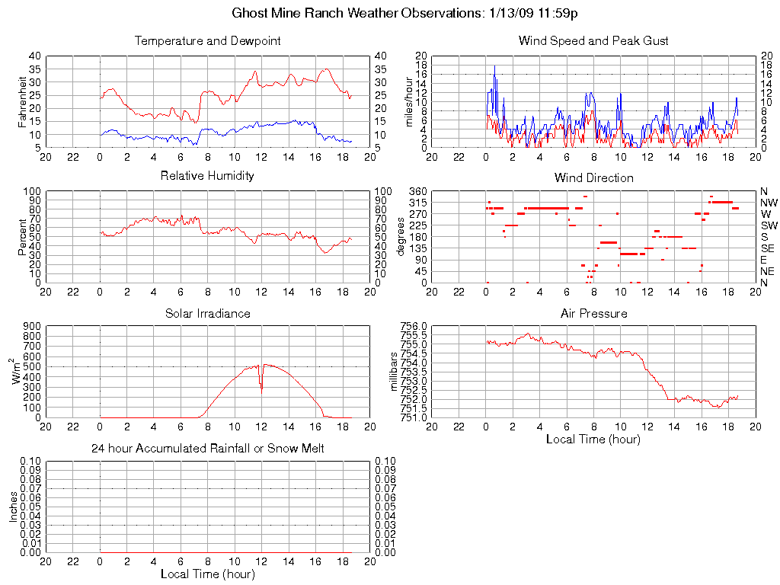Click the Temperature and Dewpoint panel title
click(207, 41)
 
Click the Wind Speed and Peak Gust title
click(593, 41)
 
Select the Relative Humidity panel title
click(207, 176)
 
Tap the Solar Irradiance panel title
click(207, 313)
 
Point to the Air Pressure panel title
click(593, 313)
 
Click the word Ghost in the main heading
click(249, 14)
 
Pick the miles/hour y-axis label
click(409, 101)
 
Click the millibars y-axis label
click(394, 372)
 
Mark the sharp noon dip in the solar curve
click(261, 388)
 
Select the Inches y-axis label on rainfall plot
click(14, 506)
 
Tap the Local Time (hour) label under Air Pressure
click(593, 440)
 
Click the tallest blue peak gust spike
click(494, 66)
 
